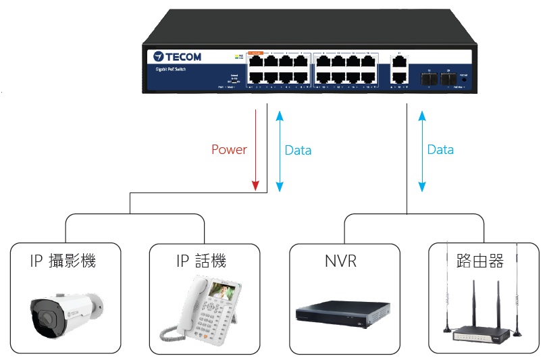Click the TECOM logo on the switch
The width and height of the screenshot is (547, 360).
(x=178, y=57)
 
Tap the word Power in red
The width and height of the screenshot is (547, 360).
(x=229, y=150)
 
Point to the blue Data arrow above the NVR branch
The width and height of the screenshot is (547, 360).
(x=423, y=150)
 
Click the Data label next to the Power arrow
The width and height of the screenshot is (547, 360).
(x=298, y=150)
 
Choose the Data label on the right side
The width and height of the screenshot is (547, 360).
(x=440, y=150)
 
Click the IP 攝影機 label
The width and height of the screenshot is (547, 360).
(x=63, y=260)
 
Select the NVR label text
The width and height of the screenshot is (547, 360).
(x=340, y=260)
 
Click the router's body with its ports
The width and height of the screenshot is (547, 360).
(x=480, y=334)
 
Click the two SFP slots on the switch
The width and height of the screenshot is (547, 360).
(x=437, y=78)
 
